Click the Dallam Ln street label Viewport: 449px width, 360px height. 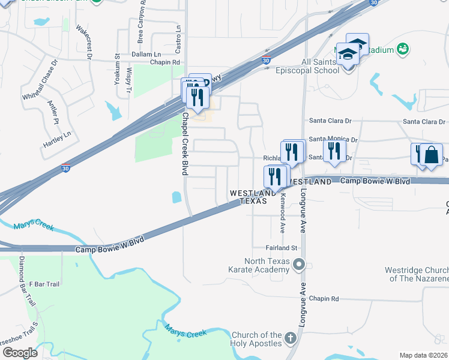pyautogui.click(x=147, y=53)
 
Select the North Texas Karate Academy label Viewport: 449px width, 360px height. pyautogui.click(x=267, y=265)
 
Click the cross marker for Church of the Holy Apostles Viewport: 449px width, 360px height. pyautogui.click(x=291, y=339)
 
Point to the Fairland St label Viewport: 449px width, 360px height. pyautogui.click(x=282, y=247)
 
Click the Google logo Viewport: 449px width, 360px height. pyautogui.click(x=19, y=353)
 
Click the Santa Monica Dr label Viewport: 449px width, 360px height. pyautogui.click(x=333, y=139)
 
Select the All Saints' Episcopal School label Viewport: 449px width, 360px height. pyautogui.click(x=312, y=66)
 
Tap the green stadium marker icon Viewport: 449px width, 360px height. pyautogui.click(x=403, y=49)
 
